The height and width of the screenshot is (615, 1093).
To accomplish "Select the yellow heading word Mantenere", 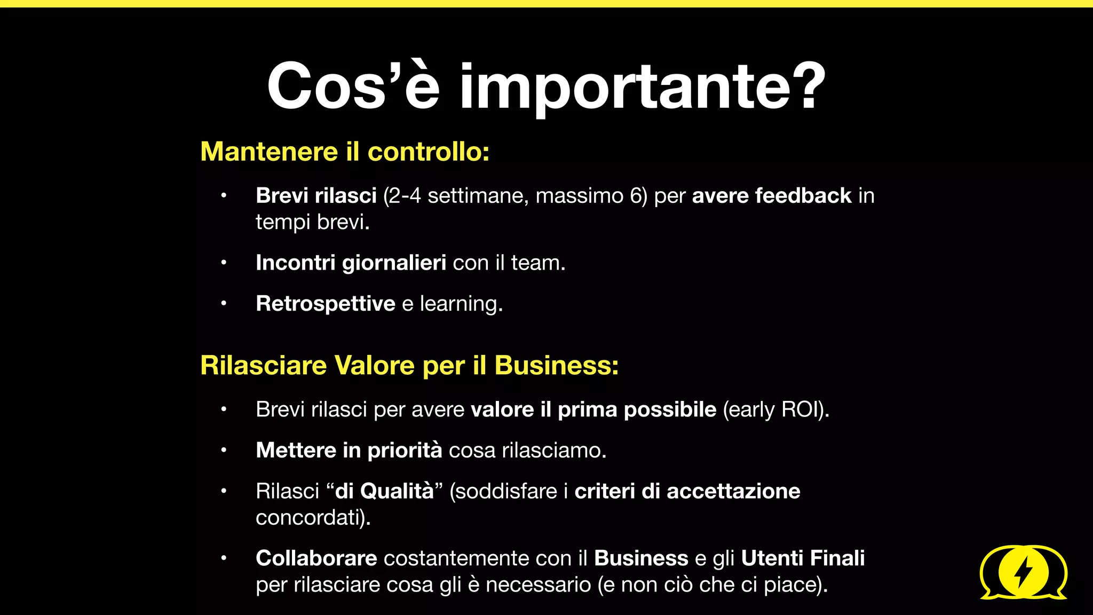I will tap(269, 152).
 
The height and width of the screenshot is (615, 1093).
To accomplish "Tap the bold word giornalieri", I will tap(394, 263).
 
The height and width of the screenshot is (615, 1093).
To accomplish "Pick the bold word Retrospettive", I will tap(326, 304).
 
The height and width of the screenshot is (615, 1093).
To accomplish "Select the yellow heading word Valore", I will tap(374, 366).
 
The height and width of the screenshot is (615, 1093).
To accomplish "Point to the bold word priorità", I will tap(405, 451).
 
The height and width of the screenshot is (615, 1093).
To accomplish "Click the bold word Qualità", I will tap(397, 491).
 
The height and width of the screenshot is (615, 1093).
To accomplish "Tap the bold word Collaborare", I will tap(316, 558).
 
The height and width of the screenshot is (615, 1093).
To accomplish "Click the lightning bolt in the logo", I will tap(1023, 572).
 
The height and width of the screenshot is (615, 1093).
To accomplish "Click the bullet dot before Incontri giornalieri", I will tap(224, 263).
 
